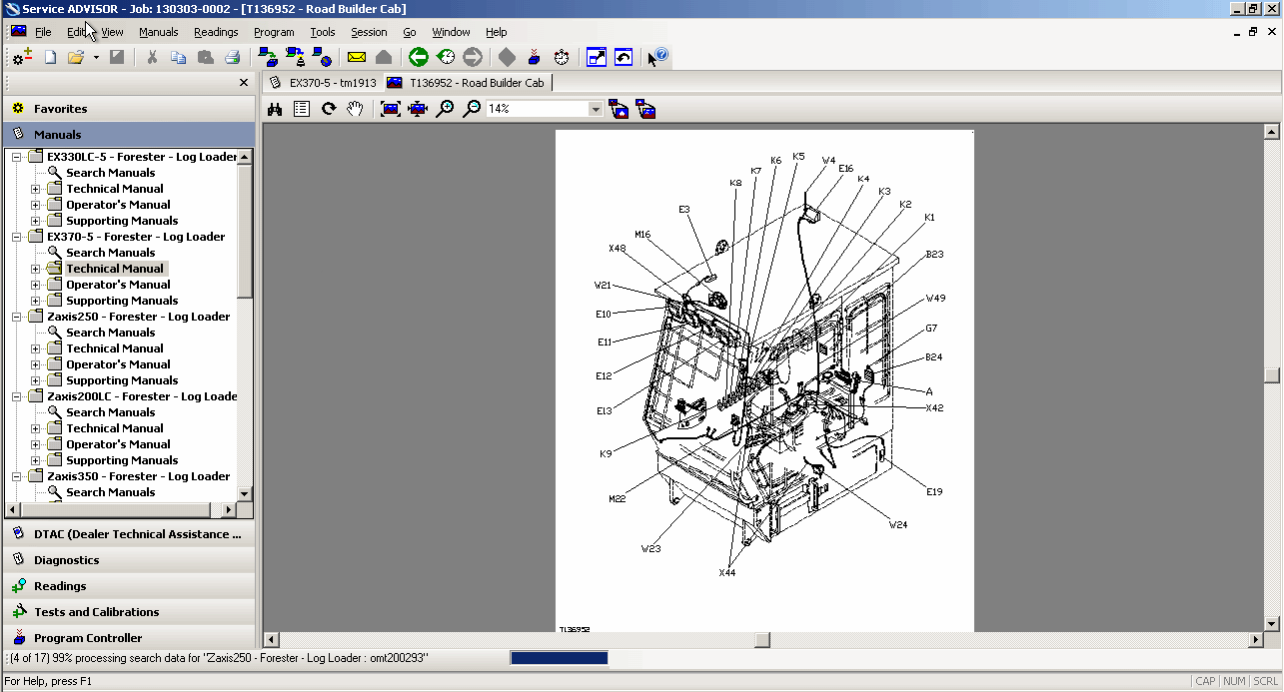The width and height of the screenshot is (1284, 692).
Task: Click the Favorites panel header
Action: coord(60,109)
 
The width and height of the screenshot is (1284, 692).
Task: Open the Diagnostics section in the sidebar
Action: coord(66,560)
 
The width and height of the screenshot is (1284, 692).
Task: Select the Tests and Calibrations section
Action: coord(96,612)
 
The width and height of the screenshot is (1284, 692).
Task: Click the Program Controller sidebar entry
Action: coord(87,638)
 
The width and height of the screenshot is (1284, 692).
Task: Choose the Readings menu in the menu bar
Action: coord(216,32)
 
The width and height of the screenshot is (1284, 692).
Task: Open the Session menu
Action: coord(369,32)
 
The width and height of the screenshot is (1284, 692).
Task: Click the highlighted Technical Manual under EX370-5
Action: coord(115,269)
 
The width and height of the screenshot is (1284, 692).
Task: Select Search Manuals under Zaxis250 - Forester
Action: coord(110,333)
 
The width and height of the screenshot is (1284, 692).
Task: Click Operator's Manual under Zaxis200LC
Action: coord(118,444)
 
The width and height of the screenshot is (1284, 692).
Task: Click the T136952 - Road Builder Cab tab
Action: coord(476,83)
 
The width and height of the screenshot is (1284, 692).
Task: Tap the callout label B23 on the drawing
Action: coord(934,255)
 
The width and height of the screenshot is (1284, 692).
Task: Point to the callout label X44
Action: coord(726,573)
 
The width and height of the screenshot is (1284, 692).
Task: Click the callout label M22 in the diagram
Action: coord(617,498)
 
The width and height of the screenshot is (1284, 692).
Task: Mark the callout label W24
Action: coord(898,524)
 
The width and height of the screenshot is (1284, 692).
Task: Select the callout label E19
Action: coord(934,491)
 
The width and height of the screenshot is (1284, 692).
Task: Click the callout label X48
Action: coord(617,249)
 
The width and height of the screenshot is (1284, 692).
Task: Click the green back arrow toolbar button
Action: coord(419,58)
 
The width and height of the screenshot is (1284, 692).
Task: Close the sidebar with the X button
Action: coord(244,83)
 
